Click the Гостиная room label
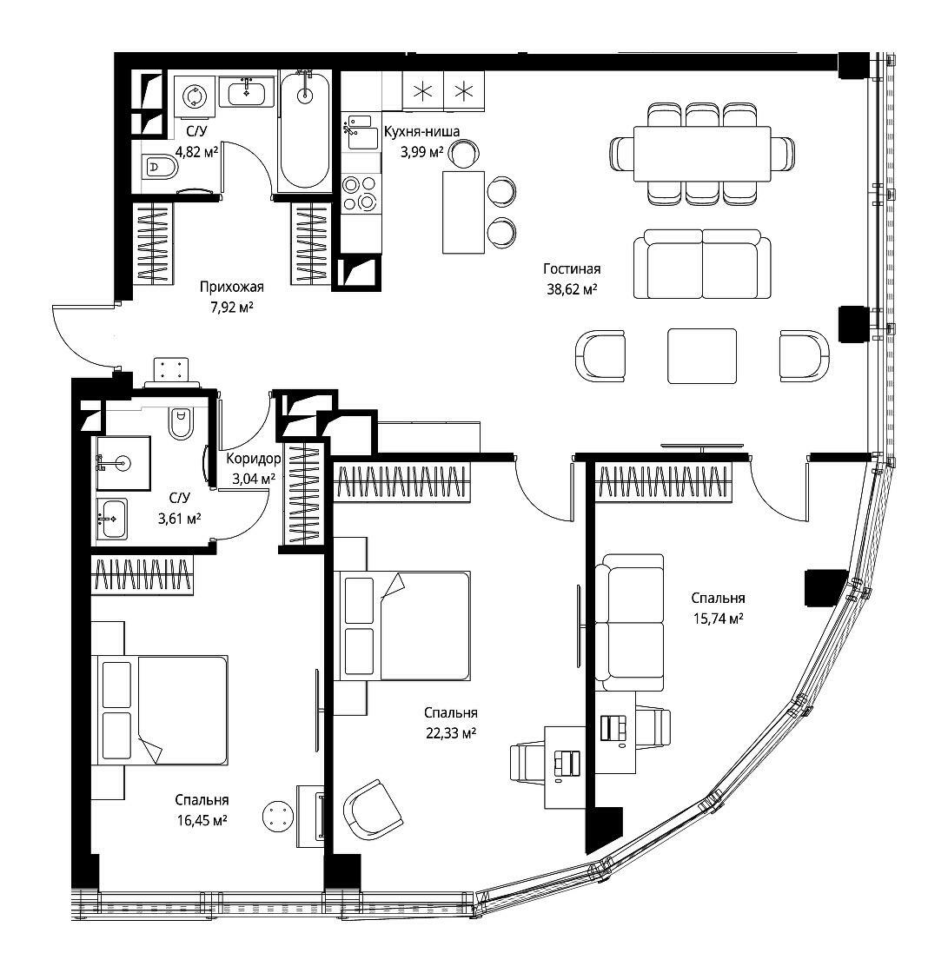(572, 268)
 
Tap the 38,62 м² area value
(572, 288)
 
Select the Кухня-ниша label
(421, 131)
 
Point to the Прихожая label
(231, 287)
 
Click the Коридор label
(254, 459)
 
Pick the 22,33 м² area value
(451, 733)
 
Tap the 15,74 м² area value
(719, 618)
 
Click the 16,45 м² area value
(202, 820)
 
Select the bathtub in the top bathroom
(304, 130)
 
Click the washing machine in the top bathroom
(195, 96)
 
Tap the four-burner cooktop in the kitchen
(360, 193)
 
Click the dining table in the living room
(702, 153)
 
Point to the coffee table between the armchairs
(702, 356)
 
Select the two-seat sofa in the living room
(702, 264)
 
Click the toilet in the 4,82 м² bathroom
(160, 166)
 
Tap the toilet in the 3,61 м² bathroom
(181, 422)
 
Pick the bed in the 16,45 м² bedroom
(160, 710)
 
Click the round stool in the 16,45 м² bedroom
(277, 816)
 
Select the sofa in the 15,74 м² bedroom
(629, 622)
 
